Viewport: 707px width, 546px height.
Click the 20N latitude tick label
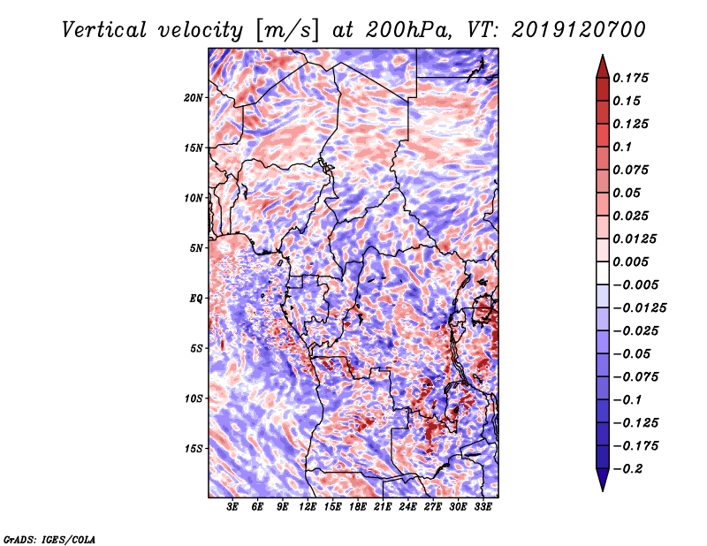pos(194,97)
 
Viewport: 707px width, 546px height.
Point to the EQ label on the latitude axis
pos(196,299)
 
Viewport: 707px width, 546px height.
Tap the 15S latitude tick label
pos(194,449)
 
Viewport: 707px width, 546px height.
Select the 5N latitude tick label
pos(196,248)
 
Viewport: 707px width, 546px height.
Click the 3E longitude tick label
pos(233,508)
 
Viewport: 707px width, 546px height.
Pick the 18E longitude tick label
pos(358,508)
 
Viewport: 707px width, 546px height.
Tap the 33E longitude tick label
pos(483,508)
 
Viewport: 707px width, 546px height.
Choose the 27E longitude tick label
pos(433,508)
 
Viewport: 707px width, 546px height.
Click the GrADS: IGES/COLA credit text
pos(49,537)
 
